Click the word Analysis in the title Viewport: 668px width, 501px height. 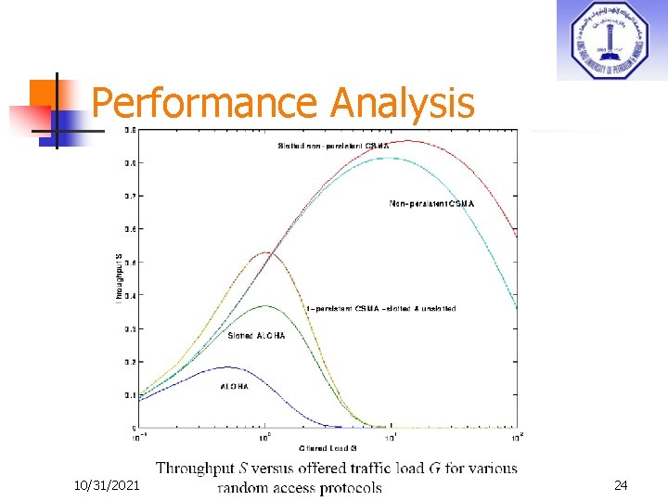[x=402, y=104]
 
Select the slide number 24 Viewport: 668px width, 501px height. [x=620, y=485]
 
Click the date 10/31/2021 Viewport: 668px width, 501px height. [x=108, y=485]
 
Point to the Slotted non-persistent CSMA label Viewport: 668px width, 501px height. [x=334, y=147]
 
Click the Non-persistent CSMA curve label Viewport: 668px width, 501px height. [x=431, y=203]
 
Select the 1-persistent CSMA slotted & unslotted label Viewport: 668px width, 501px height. [x=380, y=308]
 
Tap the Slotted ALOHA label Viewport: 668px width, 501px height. [x=257, y=336]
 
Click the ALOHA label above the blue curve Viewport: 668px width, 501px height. [x=234, y=386]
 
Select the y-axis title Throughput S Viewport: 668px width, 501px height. [x=118, y=276]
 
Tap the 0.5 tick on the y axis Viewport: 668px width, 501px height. [x=130, y=263]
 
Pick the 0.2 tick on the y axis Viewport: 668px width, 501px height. [x=130, y=362]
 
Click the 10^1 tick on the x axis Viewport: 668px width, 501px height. [x=391, y=436]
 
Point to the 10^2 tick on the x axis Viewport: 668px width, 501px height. [x=516, y=436]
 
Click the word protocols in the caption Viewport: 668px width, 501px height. [x=346, y=488]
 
